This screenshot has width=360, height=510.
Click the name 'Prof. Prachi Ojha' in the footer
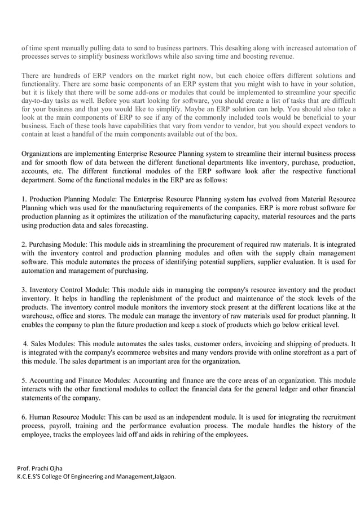pos(40,468)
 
